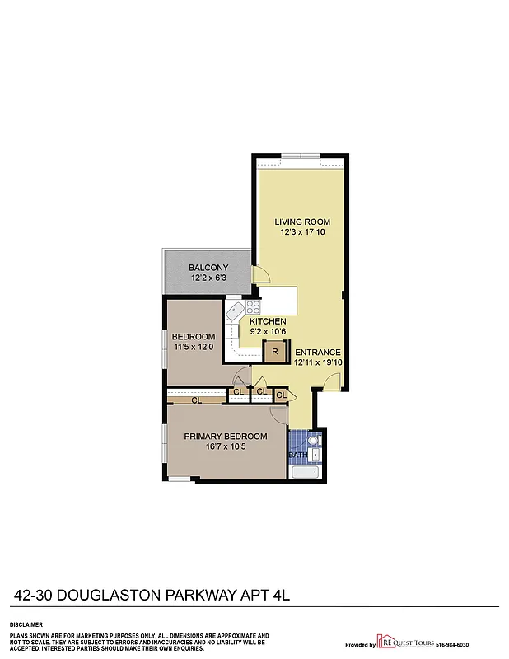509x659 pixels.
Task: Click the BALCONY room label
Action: pyautogui.click(x=208, y=268)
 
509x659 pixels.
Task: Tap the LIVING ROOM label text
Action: pyautogui.click(x=302, y=222)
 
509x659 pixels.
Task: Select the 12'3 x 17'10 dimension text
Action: pyautogui.click(x=302, y=233)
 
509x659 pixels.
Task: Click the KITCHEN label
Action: pyautogui.click(x=268, y=321)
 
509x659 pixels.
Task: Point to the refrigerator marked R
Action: pyautogui.click(x=274, y=352)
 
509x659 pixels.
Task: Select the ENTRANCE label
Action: pyautogui.click(x=317, y=353)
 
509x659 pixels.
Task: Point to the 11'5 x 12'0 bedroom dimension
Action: pyautogui.click(x=194, y=347)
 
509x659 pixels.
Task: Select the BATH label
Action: pyautogui.click(x=297, y=455)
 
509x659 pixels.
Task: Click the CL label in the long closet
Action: pyautogui.click(x=196, y=400)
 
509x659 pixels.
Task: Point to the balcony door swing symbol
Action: pyautogui.click(x=258, y=274)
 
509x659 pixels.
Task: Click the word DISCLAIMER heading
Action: pyautogui.click(x=26, y=625)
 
